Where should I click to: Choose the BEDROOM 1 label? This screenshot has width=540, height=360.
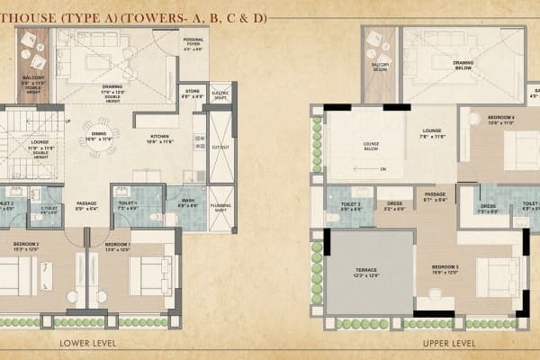pyautogui.click(x=118, y=245)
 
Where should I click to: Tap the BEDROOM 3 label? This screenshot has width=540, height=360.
pyautogui.click(x=445, y=268)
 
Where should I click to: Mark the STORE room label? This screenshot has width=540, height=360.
pyautogui.click(x=193, y=92)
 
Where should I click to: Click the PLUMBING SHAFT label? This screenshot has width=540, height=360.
pyautogui.click(x=220, y=205)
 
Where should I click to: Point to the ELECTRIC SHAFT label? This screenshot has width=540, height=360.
pyautogui.click(x=220, y=93)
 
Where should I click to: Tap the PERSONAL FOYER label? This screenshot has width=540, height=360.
pyautogui.click(x=193, y=42)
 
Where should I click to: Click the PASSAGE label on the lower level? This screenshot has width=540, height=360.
pyautogui.click(x=86, y=203)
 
